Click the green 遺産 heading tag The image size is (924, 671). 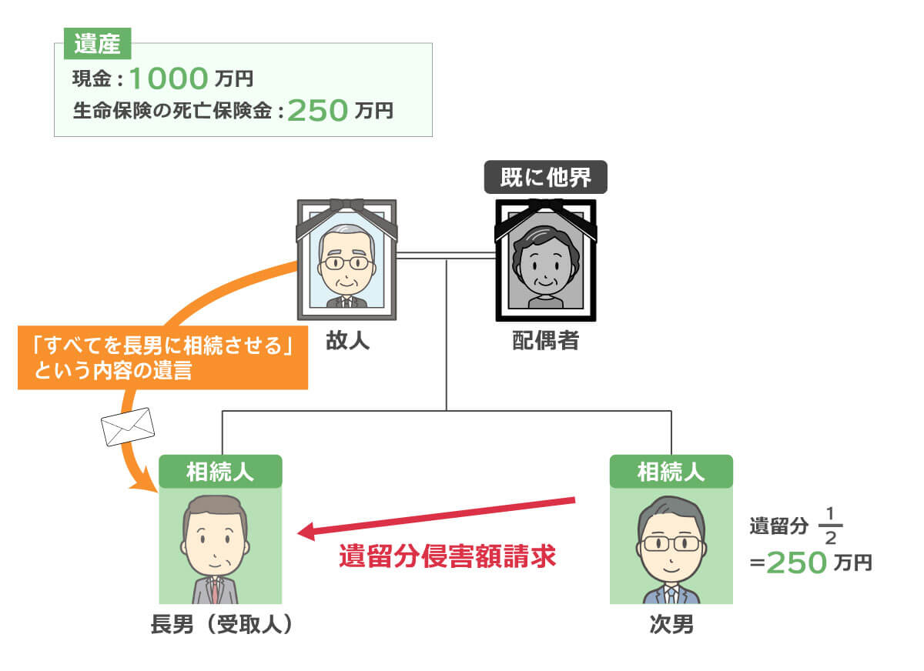click(x=97, y=45)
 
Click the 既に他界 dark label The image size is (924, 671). click(x=545, y=177)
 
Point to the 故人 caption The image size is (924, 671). click(x=347, y=340)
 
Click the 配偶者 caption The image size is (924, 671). click(x=545, y=340)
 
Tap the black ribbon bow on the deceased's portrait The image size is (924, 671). click(x=346, y=206)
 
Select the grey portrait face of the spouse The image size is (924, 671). click(x=545, y=262)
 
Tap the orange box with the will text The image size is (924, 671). click(x=162, y=359)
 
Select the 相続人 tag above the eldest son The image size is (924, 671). click(x=220, y=471)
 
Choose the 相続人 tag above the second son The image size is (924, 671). click(x=671, y=471)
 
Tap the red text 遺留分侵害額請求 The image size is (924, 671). click(x=447, y=556)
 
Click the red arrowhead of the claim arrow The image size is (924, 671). click(x=308, y=532)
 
